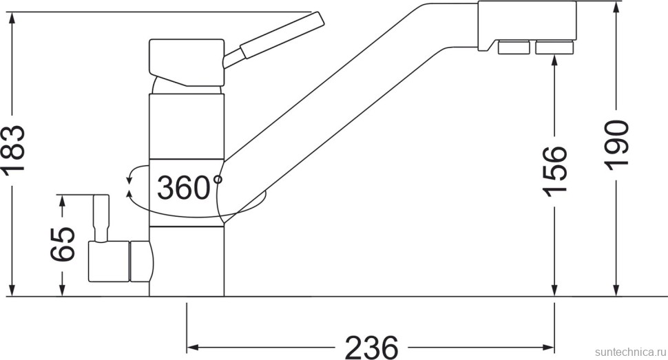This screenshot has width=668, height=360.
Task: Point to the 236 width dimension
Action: point(371,347)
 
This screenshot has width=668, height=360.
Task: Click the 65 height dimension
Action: point(63,244)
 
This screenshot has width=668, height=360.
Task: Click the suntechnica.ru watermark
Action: point(631,352)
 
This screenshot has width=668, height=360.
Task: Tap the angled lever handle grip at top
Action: point(281,35)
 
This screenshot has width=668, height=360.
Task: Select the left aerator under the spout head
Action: point(514,47)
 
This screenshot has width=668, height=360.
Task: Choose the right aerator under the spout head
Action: point(554,47)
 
